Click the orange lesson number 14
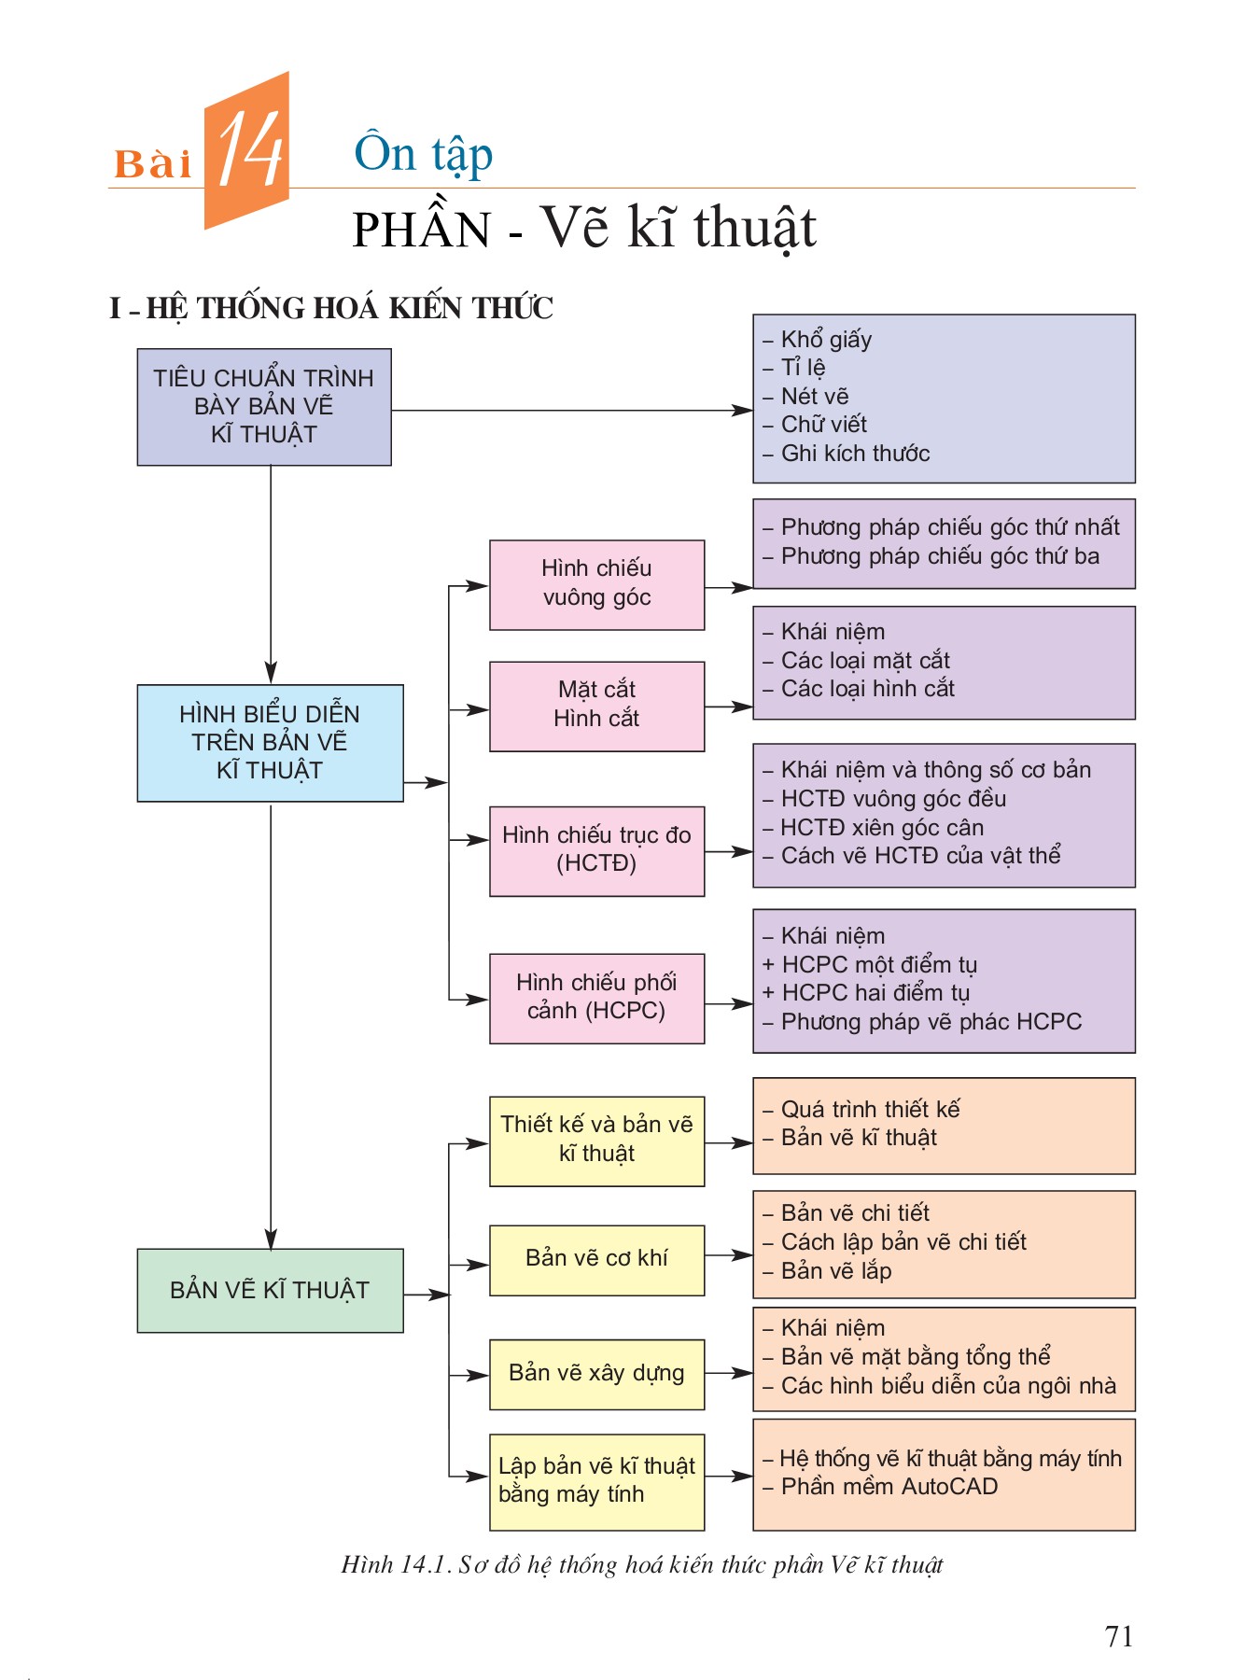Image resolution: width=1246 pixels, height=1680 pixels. (x=249, y=150)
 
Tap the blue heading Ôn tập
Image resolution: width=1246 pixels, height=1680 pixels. (x=423, y=154)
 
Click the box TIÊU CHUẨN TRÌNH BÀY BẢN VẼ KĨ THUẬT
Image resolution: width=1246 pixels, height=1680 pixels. (x=264, y=407)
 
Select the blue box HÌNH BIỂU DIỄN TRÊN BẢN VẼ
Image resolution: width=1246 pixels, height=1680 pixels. (x=270, y=743)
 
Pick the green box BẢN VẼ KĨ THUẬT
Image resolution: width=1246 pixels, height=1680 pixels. (x=270, y=1290)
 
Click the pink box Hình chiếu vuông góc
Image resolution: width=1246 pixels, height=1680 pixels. (x=596, y=584)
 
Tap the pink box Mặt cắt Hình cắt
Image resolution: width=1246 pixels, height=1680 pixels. (x=596, y=706)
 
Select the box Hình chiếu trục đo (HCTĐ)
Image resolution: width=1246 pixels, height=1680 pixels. (x=596, y=850)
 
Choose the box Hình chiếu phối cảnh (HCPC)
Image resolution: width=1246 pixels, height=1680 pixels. (x=596, y=998)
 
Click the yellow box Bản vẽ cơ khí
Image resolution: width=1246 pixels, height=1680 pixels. (x=596, y=1259)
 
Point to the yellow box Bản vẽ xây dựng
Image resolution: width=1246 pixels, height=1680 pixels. (x=596, y=1374)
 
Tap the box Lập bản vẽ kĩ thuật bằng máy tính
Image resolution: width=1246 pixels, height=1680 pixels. (x=596, y=1481)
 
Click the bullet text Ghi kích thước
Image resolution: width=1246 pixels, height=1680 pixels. (x=854, y=454)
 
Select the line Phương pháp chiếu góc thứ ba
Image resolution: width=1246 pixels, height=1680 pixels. (x=939, y=557)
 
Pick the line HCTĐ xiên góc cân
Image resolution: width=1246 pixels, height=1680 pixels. (x=881, y=828)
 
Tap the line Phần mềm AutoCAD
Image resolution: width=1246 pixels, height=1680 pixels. (x=889, y=1487)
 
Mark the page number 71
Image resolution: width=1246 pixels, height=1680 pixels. (x=1118, y=1636)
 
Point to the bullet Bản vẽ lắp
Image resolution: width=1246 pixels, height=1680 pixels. (x=835, y=1271)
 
